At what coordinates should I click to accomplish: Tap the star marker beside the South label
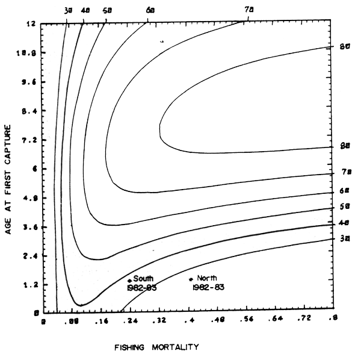click(x=129, y=279)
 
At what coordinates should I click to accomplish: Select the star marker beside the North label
click(x=191, y=279)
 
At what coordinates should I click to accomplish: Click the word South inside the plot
click(x=143, y=279)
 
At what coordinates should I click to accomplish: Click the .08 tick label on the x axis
click(x=72, y=324)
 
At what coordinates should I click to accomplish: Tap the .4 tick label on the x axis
click(x=190, y=324)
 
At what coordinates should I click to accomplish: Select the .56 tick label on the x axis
click(x=247, y=324)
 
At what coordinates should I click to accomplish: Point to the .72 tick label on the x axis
click(x=304, y=324)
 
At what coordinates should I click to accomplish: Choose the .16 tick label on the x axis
click(x=100, y=324)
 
